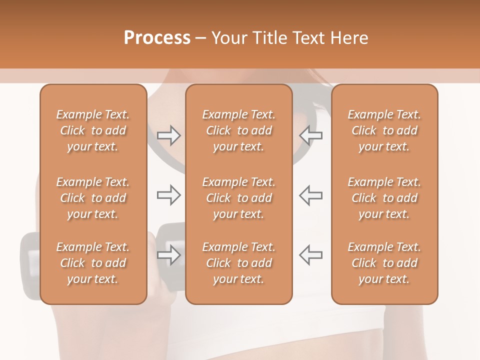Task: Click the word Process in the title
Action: pyautogui.click(x=157, y=37)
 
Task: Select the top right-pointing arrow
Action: pyautogui.click(x=168, y=135)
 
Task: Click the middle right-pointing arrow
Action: pyautogui.click(x=168, y=195)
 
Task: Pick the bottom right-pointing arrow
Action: pyautogui.click(x=168, y=255)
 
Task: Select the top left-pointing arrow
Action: pyautogui.click(x=311, y=135)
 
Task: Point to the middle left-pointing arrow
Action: pyautogui.click(x=311, y=195)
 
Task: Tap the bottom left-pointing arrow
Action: pyautogui.click(x=311, y=255)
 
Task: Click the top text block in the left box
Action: pyautogui.click(x=93, y=130)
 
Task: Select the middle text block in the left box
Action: pyautogui.click(x=93, y=198)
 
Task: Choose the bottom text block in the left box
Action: pyautogui.click(x=93, y=263)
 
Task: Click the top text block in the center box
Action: pyautogui.click(x=238, y=130)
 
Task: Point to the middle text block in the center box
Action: pyautogui.click(x=238, y=198)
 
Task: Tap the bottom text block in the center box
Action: pyautogui.click(x=238, y=263)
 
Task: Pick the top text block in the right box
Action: pyautogui.click(x=384, y=130)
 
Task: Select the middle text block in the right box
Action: pyautogui.click(x=384, y=198)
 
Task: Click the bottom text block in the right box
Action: pyautogui.click(x=384, y=263)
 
